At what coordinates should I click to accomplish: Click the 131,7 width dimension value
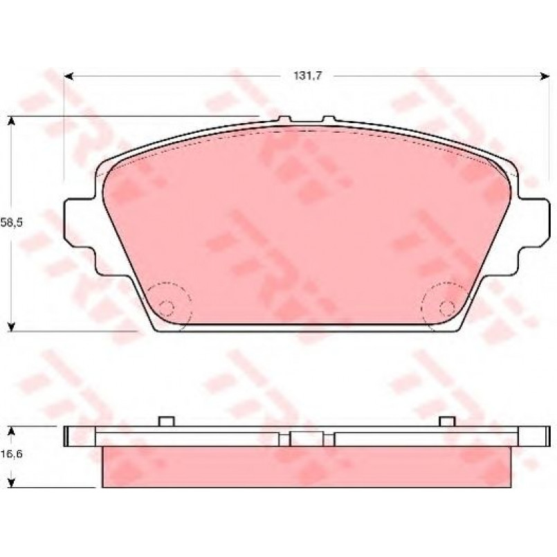point(308,75)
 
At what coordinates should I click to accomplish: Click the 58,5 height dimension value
point(11,223)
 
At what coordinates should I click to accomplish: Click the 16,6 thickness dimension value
point(11,454)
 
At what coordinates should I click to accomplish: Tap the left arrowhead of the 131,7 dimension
point(69,76)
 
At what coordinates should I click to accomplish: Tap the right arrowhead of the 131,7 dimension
point(545,76)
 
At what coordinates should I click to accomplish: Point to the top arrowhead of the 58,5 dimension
point(12,121)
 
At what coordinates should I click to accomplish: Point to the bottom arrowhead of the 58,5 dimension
point(12,327)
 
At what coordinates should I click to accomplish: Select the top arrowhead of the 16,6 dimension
point(12,431)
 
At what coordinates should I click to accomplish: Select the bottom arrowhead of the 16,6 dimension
point(12,482)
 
